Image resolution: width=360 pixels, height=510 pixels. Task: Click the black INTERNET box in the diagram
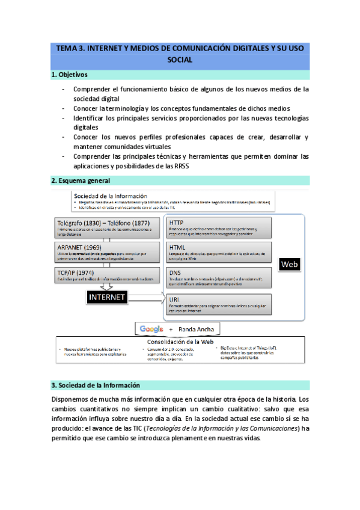[107, 297]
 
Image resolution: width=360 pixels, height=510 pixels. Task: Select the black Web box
[290, 263]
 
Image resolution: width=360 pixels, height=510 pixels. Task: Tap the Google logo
[151, 329]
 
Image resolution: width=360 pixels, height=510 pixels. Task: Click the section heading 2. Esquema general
[81, 180]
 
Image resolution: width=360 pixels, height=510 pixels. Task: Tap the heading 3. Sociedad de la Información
[95, 385]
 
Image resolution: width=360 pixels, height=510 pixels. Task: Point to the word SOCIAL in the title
[180, 60]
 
